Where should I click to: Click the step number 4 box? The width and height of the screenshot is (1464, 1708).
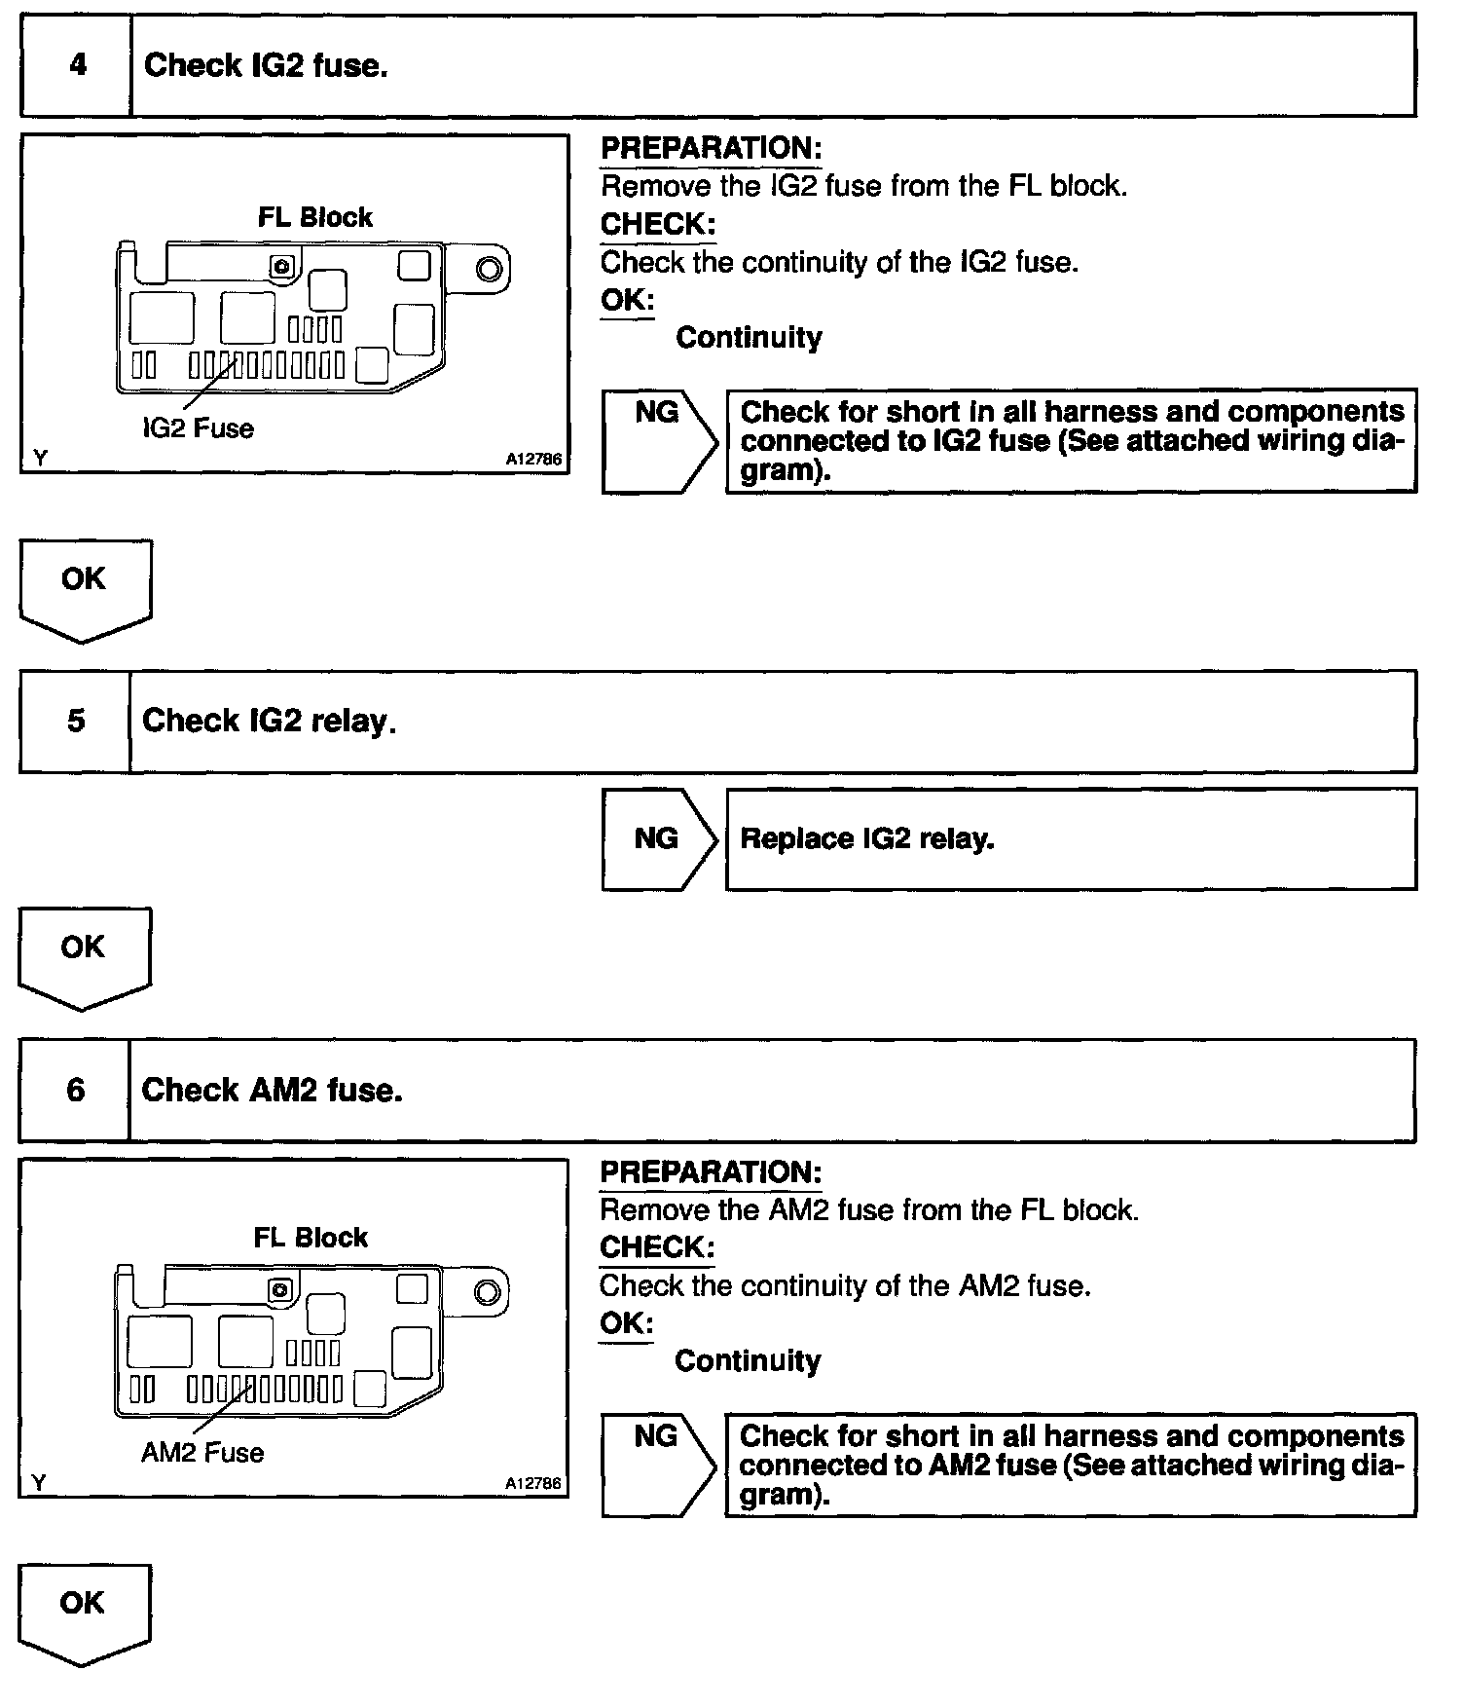[x=77, y=65]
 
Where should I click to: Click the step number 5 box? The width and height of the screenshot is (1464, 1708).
[x=76, y=721]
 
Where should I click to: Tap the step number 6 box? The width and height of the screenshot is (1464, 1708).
[x=75, y=1090]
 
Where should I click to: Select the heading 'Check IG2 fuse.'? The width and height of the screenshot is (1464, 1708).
[x=266, y=65]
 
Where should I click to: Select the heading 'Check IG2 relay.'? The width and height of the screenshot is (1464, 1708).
[x=269, y=721]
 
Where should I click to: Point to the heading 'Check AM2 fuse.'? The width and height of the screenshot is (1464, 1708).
[x=272, y=1090]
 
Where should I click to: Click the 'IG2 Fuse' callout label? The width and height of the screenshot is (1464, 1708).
[x=198, y=428]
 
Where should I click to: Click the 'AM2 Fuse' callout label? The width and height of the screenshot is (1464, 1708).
[x=202, y=1453]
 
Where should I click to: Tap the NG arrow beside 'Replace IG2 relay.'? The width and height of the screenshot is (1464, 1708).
[x=659, y=838]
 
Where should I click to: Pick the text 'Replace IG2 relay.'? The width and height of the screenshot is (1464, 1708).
[x=867, y=838]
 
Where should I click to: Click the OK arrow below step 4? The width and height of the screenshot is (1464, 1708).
[x=84, y=586]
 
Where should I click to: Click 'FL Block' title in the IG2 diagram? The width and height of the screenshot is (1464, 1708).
[x=314, y=217]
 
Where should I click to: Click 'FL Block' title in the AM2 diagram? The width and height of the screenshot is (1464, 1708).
[x=311, y=1238]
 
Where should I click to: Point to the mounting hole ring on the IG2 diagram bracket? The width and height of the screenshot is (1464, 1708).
[x=490, y=270]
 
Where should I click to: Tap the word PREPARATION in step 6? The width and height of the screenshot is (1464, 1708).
[x=711, y=1172]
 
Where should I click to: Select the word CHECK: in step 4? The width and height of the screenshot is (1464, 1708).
[x=658, y=224]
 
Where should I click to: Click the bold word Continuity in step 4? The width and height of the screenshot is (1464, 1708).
[x=749, y=338]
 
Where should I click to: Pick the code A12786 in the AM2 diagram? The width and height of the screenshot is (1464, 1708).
[x=532, y=1483]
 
